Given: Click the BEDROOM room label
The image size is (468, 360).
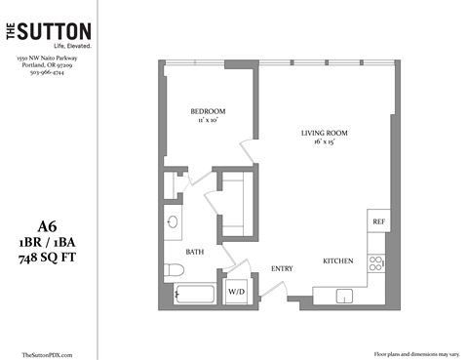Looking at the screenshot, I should point(209,110).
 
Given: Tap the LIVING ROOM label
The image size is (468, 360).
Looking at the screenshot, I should point(325,133).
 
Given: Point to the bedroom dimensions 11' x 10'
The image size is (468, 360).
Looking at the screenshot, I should point(209,120).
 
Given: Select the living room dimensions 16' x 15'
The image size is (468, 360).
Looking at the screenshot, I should point(325,142).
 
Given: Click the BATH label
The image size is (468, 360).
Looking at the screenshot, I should point(194,252).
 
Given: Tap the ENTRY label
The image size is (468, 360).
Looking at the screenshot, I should point(283,269).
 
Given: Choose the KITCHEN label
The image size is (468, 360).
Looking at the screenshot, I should point(338,261).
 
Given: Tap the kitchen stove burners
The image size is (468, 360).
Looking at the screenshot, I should point(375,264).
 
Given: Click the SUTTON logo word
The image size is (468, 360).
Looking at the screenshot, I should point(59,32).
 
